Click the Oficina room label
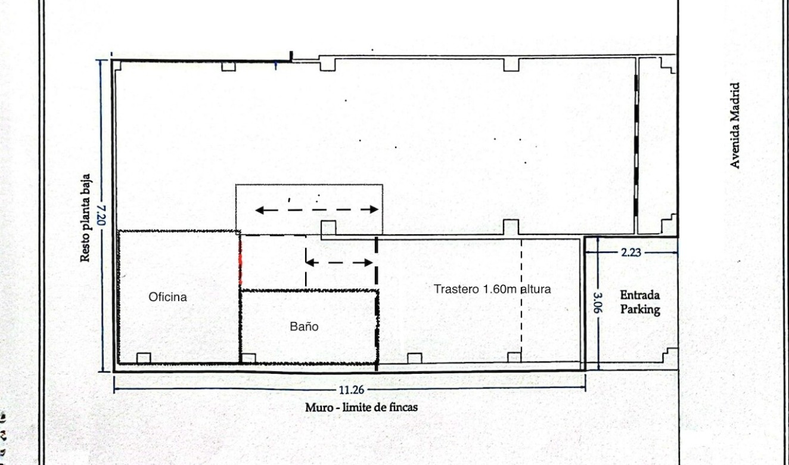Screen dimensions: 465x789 (167, 297)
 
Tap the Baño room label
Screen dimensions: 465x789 (304, 327)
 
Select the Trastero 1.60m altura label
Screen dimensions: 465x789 (492, 289)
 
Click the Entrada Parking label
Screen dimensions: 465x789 (640, 302)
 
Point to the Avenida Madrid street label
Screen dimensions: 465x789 (736, 125)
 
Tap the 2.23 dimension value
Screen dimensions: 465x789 (630, 252)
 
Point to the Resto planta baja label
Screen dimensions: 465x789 (86, 218)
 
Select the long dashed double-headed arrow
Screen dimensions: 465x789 (316, 209)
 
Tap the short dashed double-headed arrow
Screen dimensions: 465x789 (339, 262)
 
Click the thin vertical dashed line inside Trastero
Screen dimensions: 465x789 (521, 298)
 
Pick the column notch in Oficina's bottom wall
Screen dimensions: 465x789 (144, 358)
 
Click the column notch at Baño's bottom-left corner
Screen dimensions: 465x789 (248, 358)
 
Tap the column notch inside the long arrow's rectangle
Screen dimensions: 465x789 (328, 228)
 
